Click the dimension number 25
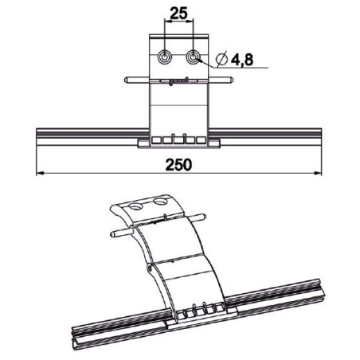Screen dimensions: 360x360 point(178,14)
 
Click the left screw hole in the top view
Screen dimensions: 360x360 point(164,57)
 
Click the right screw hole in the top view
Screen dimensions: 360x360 point(194,57)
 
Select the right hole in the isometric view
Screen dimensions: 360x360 point(163,203)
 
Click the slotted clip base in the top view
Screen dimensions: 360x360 point(178,141)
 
